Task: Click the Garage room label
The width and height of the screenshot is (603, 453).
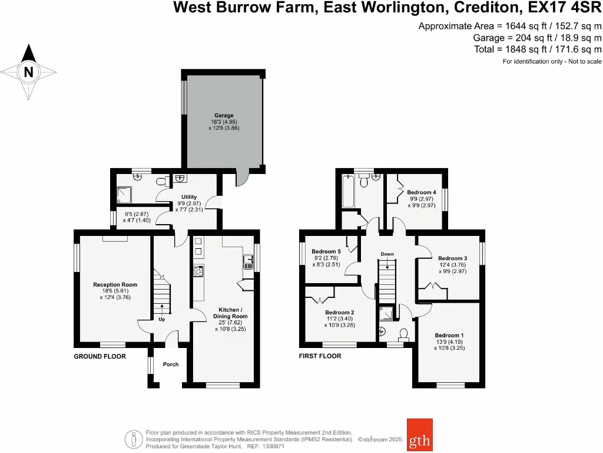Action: (224, 116)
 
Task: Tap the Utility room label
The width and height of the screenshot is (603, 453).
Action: (189, 197)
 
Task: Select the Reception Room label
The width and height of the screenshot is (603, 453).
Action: (115, 285)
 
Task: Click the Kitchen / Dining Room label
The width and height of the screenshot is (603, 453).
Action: (230, 313)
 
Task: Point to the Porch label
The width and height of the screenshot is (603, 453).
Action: (171, 365)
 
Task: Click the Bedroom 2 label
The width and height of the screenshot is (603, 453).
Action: (340, 312)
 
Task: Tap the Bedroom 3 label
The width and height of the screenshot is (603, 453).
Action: (453, 258)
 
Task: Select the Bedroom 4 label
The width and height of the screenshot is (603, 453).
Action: (422, 192)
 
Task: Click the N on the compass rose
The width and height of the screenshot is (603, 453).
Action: (28, 73)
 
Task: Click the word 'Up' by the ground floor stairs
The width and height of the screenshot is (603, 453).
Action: (161, 320)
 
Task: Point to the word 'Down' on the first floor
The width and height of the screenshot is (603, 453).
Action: (387, 254)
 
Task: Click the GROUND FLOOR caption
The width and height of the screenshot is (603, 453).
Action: (100, 356)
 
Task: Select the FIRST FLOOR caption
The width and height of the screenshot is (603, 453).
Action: (320, 356)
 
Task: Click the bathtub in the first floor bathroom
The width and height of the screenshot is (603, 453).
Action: (348, 191)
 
